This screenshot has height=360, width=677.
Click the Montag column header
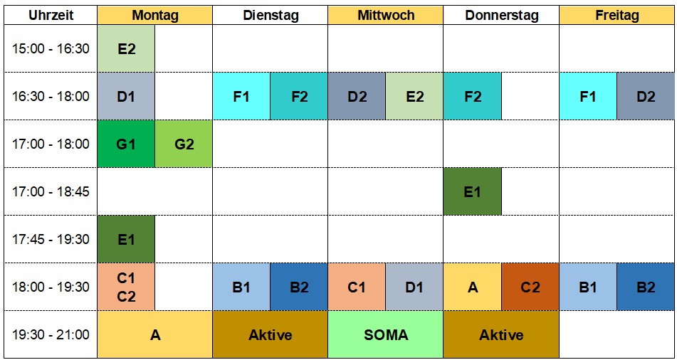(155, 15)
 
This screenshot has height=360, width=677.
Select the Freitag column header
(616, 15)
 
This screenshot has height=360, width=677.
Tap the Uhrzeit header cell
(51, 15)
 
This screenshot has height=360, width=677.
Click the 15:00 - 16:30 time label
(51, 48)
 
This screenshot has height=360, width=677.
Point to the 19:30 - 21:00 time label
(51, 334)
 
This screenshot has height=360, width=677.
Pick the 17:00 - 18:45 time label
(51, 191)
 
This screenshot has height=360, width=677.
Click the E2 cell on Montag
(126, 48)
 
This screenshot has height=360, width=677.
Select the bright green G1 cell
(126, 144)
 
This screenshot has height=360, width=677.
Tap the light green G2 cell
(184, 144)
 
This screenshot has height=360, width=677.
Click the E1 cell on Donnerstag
(472, 191)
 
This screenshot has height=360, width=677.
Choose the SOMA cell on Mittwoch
(385, 334)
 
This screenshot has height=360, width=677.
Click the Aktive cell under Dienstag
(270, 334)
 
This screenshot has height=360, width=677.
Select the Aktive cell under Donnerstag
(501, 334)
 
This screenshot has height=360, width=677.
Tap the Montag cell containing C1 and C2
(126, 287)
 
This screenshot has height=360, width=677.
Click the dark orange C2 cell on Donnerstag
(530, 287)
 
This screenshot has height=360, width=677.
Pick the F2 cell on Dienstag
(299, 96)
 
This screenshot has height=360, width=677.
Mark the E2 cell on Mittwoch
(414, 96)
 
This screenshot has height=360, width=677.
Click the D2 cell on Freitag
(646, 96)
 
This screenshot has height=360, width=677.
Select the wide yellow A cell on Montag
(155, 334)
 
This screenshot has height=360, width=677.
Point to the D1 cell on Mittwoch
(414, 287)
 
